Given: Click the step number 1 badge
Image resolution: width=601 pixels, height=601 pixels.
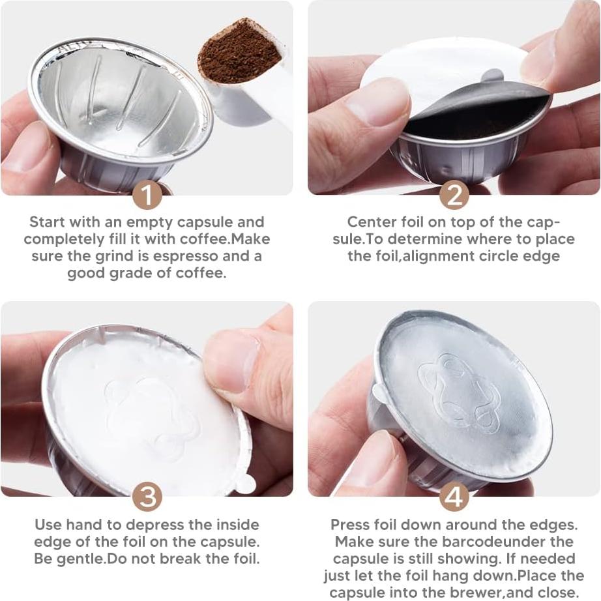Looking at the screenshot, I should (147, 196).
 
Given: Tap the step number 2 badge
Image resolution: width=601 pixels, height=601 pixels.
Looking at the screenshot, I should (454, 196).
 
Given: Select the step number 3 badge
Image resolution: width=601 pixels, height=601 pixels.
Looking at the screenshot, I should (147, 497).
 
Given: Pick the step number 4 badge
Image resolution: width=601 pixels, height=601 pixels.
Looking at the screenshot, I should (454, 497).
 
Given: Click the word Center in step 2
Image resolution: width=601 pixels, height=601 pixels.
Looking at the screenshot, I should (369, 222).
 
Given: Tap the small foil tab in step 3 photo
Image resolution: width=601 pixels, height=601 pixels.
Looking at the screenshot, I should (245, 483).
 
